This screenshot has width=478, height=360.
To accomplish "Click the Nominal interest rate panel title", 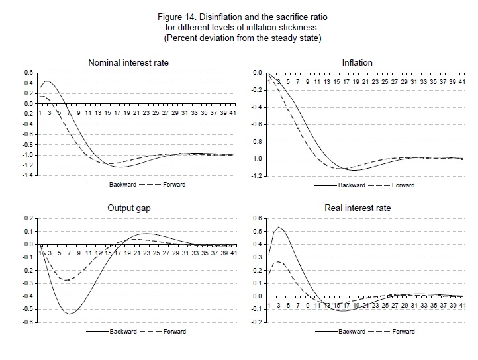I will coord(136,63).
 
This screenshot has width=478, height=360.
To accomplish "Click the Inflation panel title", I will coord(358,63).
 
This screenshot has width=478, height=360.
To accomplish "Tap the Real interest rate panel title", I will coord(358,208).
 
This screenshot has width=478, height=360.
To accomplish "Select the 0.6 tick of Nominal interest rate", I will coord(28,73).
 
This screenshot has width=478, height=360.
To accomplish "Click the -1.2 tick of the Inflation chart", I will coord(254,176).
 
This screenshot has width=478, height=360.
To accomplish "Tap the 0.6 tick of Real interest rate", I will coord(257,218).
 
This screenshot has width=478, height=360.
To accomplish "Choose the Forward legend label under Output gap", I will coord(173,331).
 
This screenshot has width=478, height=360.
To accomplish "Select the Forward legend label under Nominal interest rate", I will coord(173,185).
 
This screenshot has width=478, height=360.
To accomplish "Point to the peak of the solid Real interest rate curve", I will coord(279,227).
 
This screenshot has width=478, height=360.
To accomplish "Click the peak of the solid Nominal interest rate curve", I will coord(46,81).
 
